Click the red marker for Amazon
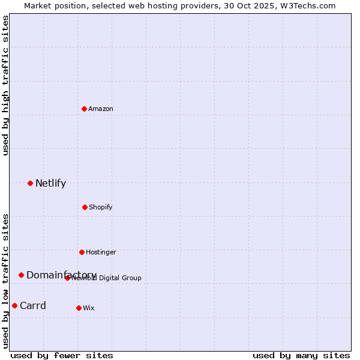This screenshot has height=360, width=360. pos(84,109)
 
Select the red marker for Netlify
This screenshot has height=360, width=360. pos(30,183)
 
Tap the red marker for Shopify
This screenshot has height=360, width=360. pos(85,207)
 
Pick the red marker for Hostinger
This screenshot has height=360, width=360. pos(82,252)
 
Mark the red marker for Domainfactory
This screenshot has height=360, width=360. pos(21,275)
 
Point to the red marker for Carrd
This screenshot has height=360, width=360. pos(14,305)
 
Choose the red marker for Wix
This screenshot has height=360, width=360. pos(79,308)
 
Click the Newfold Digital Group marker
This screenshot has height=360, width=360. pos(67,278)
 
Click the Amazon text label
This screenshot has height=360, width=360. pos(101,109)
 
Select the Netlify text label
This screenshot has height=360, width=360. pos(50,183)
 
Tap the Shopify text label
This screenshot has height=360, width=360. pos(100,207)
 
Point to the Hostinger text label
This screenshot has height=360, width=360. pos(101,252)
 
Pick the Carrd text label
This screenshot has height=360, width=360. pos(33,305)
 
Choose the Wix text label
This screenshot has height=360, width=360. pos(88,308)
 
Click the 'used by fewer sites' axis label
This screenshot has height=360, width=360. pos(62,355)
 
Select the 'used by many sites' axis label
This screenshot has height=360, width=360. pos(301,355)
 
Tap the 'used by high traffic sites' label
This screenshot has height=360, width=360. pos(5,85)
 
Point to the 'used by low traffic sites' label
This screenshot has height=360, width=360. pos(5,280)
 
